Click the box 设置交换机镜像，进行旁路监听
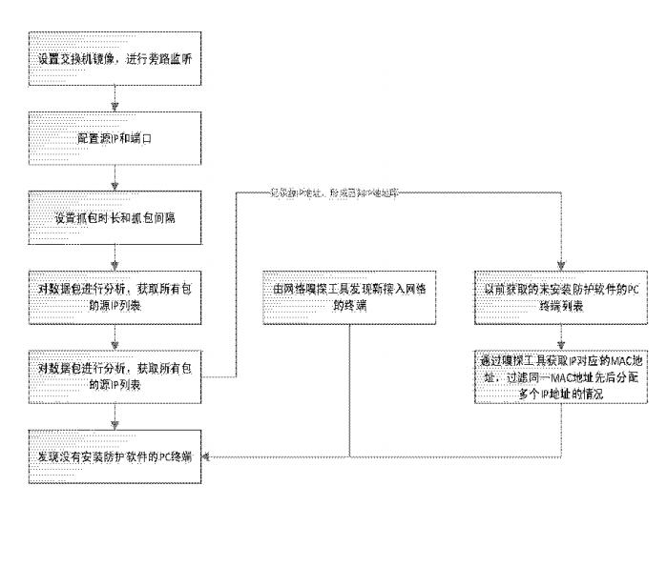(115, 59)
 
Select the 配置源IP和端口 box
(115, 138)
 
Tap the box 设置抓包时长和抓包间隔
(115, 216)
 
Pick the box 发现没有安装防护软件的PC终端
(115, 457)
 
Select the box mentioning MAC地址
(561, 377)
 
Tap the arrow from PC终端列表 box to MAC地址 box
(561, 336)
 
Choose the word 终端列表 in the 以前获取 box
(561, 308)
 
